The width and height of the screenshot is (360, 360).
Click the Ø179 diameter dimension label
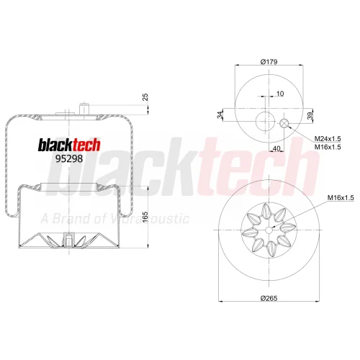click(x=269, y=62)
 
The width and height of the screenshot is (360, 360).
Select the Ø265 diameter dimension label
click(x=269, y=298)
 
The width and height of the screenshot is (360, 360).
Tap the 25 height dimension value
click(x=145, y=97)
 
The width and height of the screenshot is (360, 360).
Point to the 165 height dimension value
click(x=145, y=217)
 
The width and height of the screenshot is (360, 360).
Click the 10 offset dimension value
click(x=280, y=94)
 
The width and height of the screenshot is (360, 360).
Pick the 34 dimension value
click(x=220, y=115)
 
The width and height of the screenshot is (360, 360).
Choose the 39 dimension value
click(x=310, y=116)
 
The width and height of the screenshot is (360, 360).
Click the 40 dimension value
click(x=276, y=148)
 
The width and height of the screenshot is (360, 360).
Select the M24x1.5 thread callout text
click(x=328, y=139)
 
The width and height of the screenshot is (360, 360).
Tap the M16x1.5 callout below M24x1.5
click(x=328, y=147)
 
